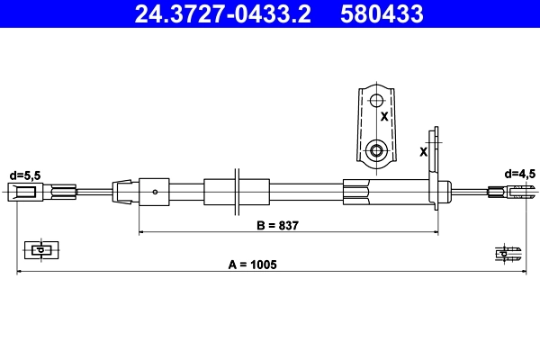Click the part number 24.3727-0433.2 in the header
tap(224, 14)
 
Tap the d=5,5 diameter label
tap(24, 174)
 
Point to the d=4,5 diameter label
tap(520, 173)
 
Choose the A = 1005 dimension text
tap(252, 265)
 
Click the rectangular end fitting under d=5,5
tap(24, 191)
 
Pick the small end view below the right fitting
tap(508, 253)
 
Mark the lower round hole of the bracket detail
tap(377, 148)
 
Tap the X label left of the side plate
tap(423, 151)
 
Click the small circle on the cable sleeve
tap(157, 191)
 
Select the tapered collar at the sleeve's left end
tap(122, 191)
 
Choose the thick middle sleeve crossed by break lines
tap(236, 191)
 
